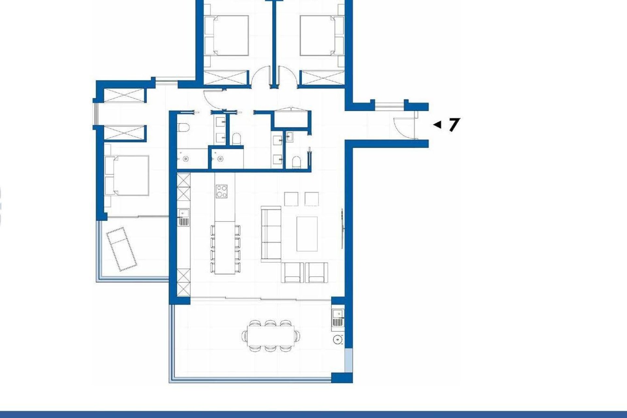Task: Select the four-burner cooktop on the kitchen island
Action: click(222, 191)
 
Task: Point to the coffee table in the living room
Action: click(307, 234)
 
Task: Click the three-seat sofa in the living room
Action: click(271, 234)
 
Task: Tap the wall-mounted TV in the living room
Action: click(342, 229)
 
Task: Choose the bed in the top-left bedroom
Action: click(226, 35)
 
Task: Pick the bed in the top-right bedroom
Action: click(322, 35)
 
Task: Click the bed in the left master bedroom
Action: click(127, 175)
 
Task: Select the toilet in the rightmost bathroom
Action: click(296, 162)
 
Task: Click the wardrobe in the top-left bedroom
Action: click(226, 78)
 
